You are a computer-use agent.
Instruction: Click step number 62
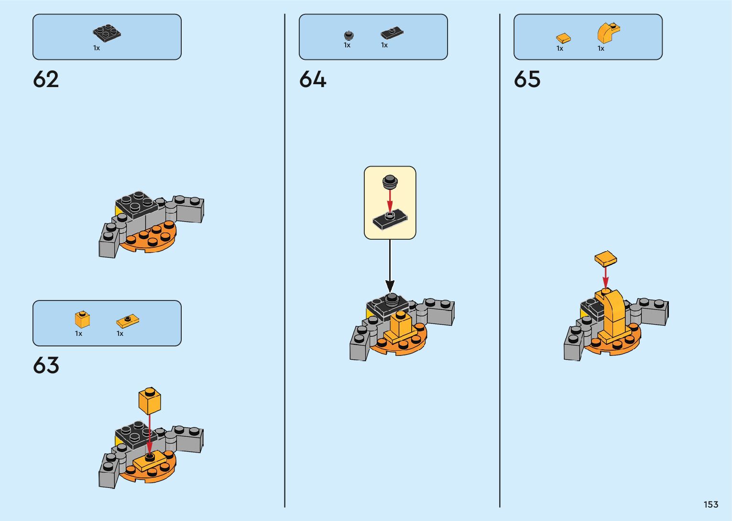point(46,79)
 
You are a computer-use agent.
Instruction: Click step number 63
point(46,366)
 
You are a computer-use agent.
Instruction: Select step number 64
point(313,79)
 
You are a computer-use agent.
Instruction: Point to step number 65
point(527,79)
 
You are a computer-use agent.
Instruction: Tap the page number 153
point(710,505)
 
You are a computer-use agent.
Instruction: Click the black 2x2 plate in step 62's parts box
point(107,33)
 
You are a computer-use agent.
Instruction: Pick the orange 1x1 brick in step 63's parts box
point(82,319)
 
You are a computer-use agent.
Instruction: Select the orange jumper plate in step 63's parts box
point(128,321)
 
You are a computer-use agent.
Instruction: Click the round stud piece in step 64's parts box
point(349,35)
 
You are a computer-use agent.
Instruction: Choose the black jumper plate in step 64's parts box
point(392,33)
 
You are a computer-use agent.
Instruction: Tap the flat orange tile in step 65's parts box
point(563,38)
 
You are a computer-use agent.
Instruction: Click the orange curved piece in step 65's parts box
point(608,33)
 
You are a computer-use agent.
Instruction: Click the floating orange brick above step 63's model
point(149,400)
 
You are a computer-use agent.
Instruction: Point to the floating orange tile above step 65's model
point(605,259)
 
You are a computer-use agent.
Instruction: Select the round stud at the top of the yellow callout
point(390,181)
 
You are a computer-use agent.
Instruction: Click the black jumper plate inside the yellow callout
point(390,220)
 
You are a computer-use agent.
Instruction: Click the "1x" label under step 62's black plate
point(97,48)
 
